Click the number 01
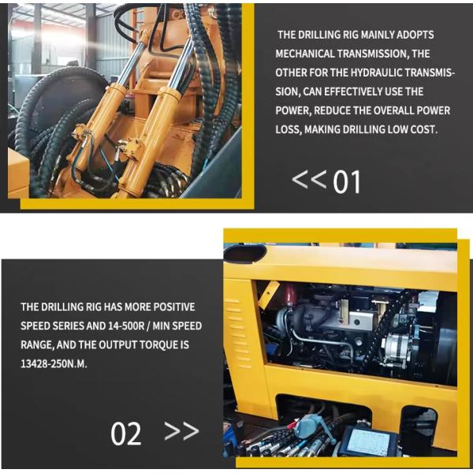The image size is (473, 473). pos(347,182)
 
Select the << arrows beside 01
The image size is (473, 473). pos(309,179)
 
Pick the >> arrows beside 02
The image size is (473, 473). pos(181,430)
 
